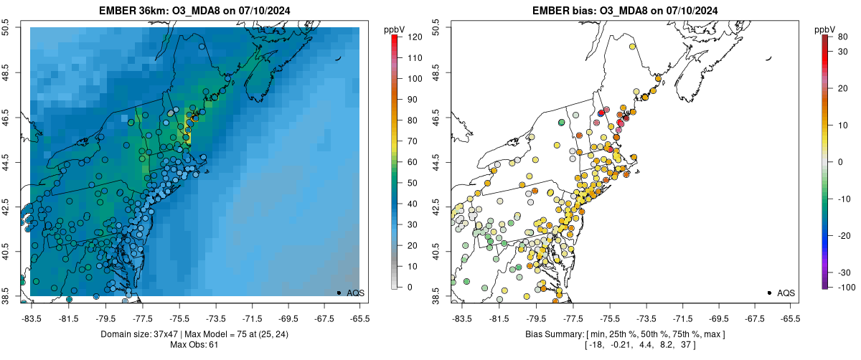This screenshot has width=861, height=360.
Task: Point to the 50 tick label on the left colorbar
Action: [412, 183]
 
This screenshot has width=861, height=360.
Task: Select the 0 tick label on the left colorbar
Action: [409, 287]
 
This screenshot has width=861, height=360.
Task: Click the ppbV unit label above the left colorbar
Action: [395, 29]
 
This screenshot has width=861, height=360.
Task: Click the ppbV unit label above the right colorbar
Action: [826, 29]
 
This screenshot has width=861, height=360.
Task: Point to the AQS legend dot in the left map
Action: [339, 293]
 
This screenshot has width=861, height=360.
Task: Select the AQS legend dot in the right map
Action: [769, 293]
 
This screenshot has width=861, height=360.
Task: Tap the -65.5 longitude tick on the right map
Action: [789, 318]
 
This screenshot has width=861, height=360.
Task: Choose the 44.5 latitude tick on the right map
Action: [438, 162]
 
